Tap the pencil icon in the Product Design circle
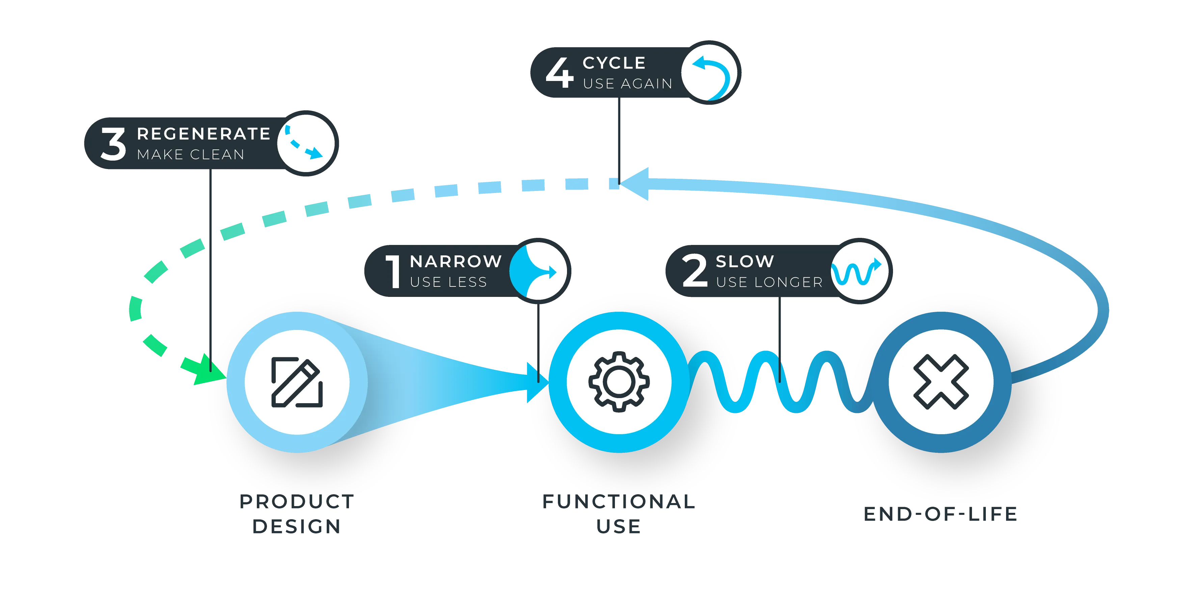[297, 382]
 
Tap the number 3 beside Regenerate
[113, 144]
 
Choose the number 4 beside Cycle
[560, 73]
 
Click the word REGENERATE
[204, 134]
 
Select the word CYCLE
[614, 63]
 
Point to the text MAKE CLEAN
[191, 155]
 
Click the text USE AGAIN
[628, 84]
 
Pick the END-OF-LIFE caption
[941, 513]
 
